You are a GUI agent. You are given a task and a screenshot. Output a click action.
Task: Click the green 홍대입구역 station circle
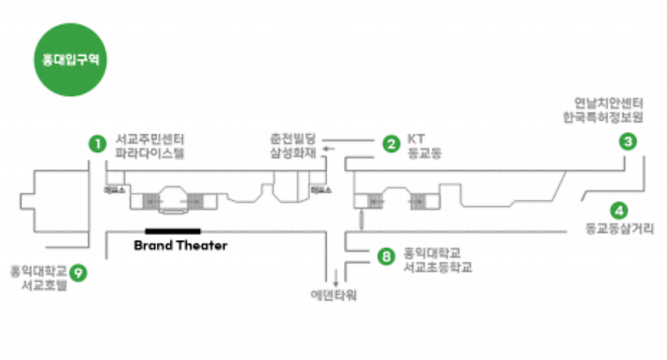click(66, 60)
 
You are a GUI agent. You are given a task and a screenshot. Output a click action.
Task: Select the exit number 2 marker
click(392, 143)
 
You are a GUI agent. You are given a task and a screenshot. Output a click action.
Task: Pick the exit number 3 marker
click(629, 142)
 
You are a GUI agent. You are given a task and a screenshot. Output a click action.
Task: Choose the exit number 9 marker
click(79, 273)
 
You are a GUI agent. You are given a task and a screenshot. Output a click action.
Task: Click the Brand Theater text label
click(180, 245)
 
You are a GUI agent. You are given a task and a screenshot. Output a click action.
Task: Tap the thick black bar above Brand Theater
click(173, 231)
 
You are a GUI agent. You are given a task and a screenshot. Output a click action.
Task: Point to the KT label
click(417, 138)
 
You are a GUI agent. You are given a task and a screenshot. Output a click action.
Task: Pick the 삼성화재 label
click(294, 153)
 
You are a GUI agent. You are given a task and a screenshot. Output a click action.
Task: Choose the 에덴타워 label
click(334, 294)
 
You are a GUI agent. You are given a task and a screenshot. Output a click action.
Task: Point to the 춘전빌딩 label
click(294, 138)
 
